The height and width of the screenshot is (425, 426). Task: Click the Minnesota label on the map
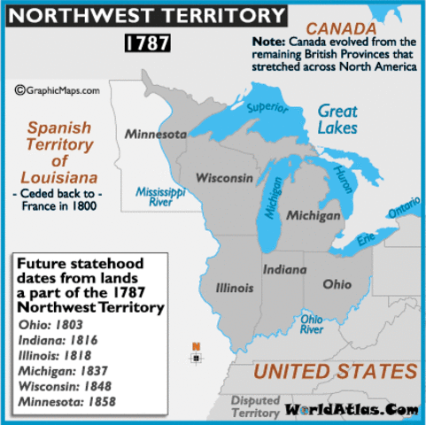click(x=155, y=135)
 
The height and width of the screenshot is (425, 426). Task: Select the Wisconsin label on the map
click(x=224, y=177)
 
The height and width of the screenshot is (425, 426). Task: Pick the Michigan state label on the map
click(x=314, y=215)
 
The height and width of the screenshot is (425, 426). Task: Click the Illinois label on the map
click(x=235, y=288)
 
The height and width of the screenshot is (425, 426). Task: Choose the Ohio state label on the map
click(x=336, y=284)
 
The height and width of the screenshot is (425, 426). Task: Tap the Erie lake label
click(x=361, y=241)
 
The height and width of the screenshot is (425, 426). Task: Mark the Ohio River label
click(x=312, y=323)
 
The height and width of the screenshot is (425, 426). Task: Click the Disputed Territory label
click(x=256, y=406)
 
